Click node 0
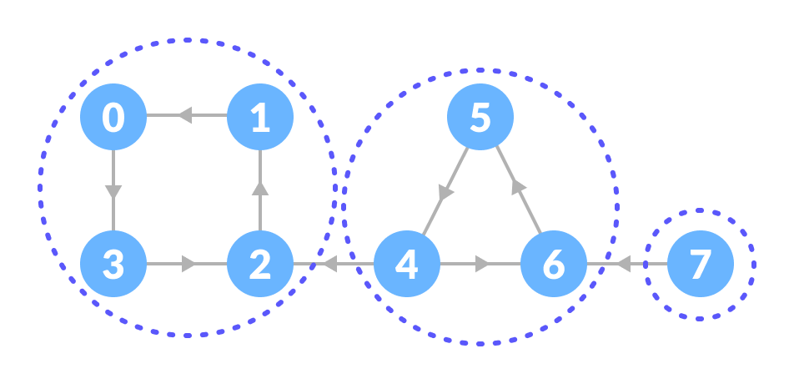(x=113, y=117)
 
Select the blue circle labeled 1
(x=260, y=117)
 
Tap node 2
(x=260, y=264)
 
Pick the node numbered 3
(x=113, y=264)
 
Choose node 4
(x=406, y=264)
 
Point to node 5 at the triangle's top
(x=480, y=117)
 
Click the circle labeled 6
(x=554, y=264)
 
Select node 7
(x=701, y=264)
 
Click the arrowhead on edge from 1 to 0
(x=184, y=115)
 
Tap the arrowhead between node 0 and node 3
(x=113, y=192)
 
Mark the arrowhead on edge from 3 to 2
(x=189, y=264)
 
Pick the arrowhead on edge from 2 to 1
(x=260, y=188)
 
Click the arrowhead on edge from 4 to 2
(x=329, y=264)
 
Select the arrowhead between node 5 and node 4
(x=447, y=193)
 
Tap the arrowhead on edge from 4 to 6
(x=483, y=264)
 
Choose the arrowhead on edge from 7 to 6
(x=622, y=264)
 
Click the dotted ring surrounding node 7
(x=699, y=210)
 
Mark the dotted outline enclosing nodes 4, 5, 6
(x=480, y=69)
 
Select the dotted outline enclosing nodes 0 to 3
(x=187, y=38)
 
